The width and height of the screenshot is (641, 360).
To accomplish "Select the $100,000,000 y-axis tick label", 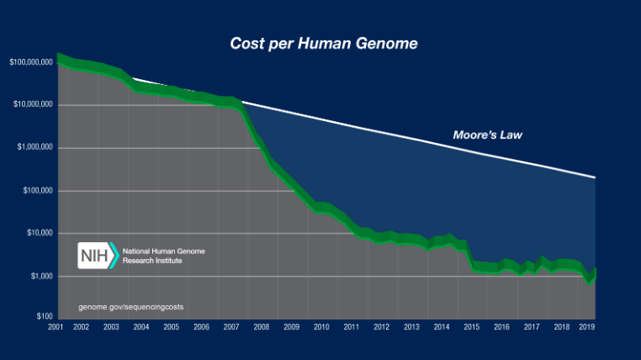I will click(x=30, y=62).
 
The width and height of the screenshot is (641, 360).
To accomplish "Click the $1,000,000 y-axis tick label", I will click(x=34, y=148).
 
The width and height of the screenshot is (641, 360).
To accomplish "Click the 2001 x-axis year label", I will click(x=56, y=327).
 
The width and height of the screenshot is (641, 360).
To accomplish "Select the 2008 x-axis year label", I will click(x=261, y=327).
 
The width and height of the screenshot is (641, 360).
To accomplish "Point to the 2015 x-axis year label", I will click(x=471, y=327).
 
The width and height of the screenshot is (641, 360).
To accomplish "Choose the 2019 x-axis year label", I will click(x=587, y=327).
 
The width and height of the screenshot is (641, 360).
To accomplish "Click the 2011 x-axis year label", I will click(x=352, y=327).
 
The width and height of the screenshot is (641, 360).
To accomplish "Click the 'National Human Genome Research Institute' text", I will click(x=163, y=256).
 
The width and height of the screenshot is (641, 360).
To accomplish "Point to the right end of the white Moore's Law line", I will click(x=596, y=178).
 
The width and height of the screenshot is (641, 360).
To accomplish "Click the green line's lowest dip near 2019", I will click(x=590, y=282).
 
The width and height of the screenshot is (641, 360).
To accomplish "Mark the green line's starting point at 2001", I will click(x=57, y=58).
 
